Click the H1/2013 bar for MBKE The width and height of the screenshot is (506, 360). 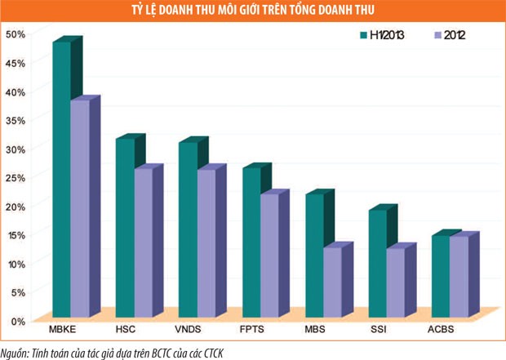point(62,180)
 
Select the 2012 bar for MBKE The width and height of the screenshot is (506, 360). point(80,208)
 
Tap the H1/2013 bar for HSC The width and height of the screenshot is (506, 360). point(125,228)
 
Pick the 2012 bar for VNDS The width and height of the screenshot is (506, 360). point(206,242)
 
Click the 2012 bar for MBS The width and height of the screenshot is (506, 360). point(332,282)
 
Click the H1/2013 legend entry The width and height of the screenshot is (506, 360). point(382,35)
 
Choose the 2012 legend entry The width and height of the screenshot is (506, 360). point(448,35)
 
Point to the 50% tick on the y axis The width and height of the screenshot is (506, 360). point(16,34)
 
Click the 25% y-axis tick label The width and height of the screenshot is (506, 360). point(16,177)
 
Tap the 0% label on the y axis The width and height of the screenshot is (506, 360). point(19,320)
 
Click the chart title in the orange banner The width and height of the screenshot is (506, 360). point(253,9)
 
